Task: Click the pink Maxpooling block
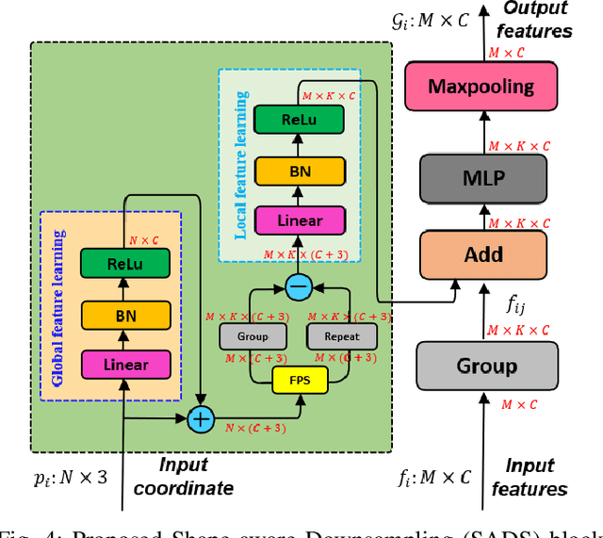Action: point(481,87)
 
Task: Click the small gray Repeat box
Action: point(341,335)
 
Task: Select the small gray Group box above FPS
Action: point(252,335)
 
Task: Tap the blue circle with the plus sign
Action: point(201,417)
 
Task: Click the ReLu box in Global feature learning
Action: point(126,265)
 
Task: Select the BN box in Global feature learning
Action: point(126,316)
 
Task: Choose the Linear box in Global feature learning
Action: point(126,366)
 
